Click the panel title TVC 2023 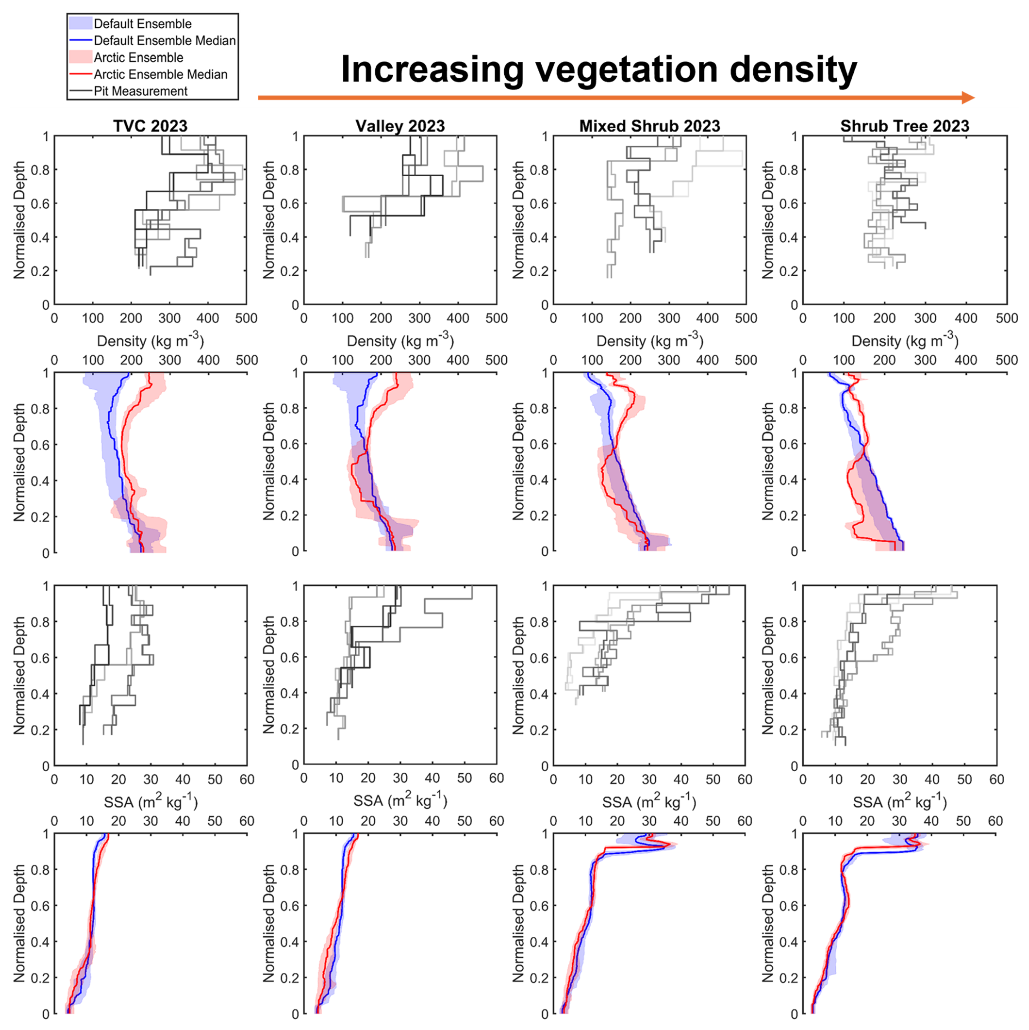150,126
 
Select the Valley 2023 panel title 400,126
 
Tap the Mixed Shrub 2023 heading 649,126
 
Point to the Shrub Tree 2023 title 904,126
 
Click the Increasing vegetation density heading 599,70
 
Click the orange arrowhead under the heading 968,98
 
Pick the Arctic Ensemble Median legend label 160,75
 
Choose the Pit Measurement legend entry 140,91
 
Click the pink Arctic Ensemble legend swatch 80,57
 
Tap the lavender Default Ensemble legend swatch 80,23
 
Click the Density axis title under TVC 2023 150,340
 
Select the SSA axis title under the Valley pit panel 400,801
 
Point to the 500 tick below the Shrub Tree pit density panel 1006,318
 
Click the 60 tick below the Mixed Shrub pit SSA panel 745,779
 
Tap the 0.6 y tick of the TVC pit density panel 42,203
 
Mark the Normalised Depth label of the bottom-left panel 20,923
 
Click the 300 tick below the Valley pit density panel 419,318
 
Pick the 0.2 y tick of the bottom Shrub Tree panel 790,978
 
